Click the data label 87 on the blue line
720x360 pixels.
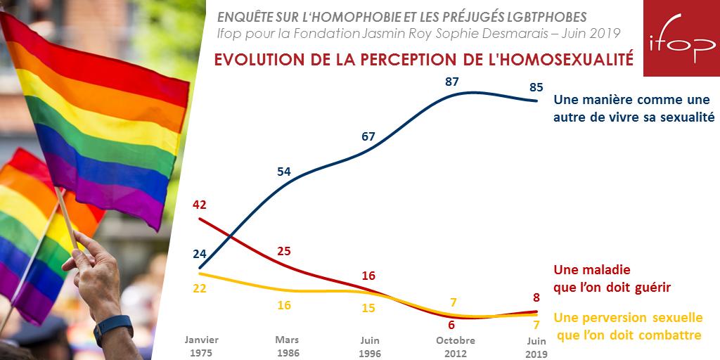pyautogui.click(x=452, y=82)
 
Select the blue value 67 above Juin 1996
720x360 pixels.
pyautogui.click(x=368, y=136)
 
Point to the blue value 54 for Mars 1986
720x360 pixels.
pyautogui.click(x=284, y=172)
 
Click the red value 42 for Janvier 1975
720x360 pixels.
pyautogui.click(x=199, y=205)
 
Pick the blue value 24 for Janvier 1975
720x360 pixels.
pyautogui.click(x=199, y=255)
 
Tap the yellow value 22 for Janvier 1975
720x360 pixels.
pyautogui.click(x=199, y=288)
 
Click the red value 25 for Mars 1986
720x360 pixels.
pyautogui.click(x=284, y=251)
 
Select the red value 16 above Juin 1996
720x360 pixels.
pyautogui.click(x=368, y=276)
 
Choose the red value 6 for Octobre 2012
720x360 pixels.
pyautogui.click(x=452, y=325)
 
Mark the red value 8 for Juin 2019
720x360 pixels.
pyautogui.click(x=536, y=297)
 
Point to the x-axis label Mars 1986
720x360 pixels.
pyautogui.click(x=284, y=346)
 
